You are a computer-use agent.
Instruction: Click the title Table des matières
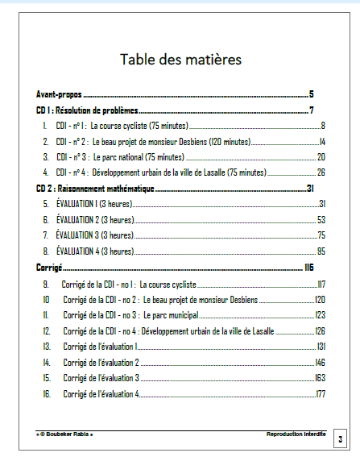pos(180,60)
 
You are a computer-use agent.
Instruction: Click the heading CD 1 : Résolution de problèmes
pos(88,110)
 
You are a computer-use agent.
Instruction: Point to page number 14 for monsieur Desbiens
pos(321,141)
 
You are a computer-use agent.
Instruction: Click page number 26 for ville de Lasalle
pos(321,172)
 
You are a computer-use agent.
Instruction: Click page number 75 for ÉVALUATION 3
pos(321,235)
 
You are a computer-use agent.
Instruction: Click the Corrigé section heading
pos(49,267)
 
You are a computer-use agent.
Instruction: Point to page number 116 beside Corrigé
pos(308,267)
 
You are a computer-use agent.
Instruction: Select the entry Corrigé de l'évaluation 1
pos(101,346)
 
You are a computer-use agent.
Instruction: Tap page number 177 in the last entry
pos(320,393)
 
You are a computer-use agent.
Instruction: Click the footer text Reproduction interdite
pos(296,434)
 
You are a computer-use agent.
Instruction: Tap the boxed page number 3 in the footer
pos(340,439)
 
